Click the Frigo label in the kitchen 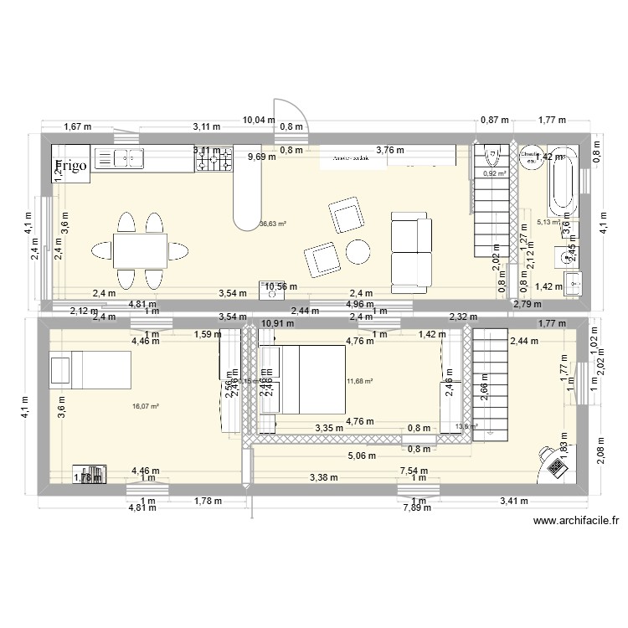pos(71,166)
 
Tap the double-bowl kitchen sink pos(128,157)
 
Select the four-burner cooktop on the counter pos(214,160)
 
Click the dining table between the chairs pos(139,250)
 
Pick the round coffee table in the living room pos(358,251)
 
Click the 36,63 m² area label pos(273,224)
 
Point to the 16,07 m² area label pos(145,406)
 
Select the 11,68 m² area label pos(358,381)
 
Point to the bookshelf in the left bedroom pos(90,474)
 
